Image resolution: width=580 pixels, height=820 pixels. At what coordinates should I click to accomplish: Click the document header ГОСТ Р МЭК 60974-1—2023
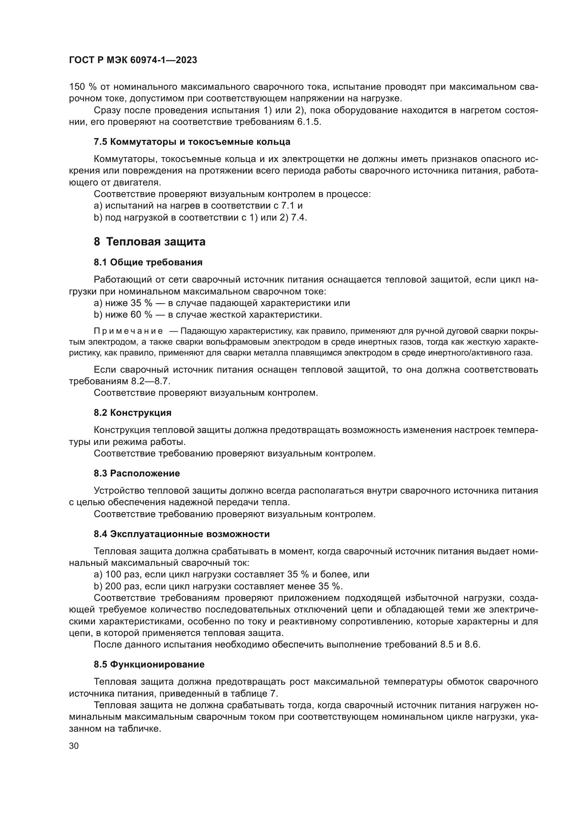pyautogui.click(x=133, y=60)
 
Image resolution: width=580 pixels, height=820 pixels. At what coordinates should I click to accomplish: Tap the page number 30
pyautogui.click(x=74, y=746)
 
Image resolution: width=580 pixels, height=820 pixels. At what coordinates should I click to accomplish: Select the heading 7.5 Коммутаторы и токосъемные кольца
pyautogui.click(x=192, y=142)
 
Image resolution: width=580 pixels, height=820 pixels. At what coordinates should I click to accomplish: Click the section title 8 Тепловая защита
pyautogui.click(x=150, y=242)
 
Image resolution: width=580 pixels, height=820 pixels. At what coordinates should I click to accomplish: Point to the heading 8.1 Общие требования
pyautogui.click(x=148, y=263)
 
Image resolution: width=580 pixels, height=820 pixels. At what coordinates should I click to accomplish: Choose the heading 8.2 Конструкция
pyautogui.click(x=133, y=413)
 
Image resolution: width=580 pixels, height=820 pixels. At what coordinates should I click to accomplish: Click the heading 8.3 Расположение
pyautogui.click(x=137, y=474)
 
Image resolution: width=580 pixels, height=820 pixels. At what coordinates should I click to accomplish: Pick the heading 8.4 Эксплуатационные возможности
pyautogui.click(x=182, y=534)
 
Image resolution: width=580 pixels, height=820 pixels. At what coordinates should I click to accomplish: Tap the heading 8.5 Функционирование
pyautogui.click(x=149, y=665)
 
